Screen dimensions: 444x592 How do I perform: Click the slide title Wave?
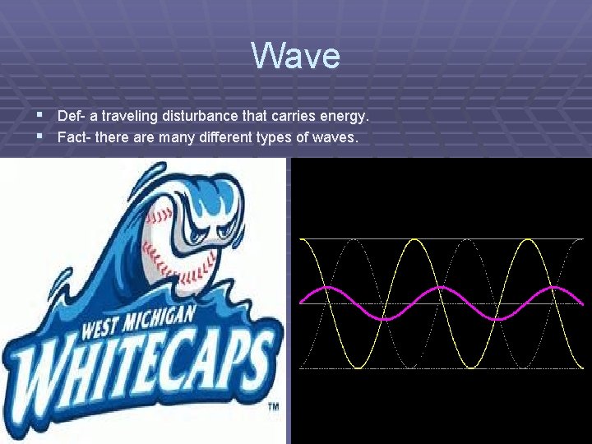295,56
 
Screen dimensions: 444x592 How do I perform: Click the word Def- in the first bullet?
72,116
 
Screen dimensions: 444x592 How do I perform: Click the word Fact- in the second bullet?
75,137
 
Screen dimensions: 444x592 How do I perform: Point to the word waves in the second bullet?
335,137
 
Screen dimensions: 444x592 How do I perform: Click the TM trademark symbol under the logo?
273,407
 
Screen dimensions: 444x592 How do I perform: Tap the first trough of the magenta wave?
384,317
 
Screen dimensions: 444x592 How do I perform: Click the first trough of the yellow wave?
355,367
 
